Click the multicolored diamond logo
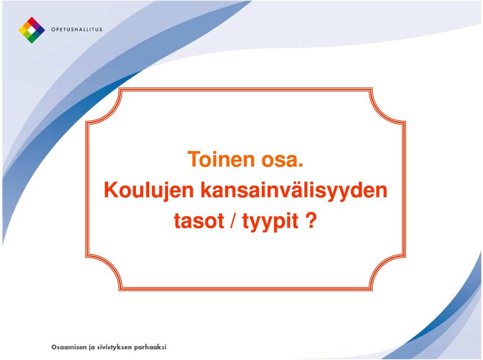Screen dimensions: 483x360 tap(32, 30)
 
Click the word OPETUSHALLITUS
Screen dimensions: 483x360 tap(76, 30)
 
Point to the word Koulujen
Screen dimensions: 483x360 tap(149, 191)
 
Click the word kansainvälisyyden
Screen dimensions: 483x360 tap(294, 191)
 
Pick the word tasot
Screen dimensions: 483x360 tap(199, 221)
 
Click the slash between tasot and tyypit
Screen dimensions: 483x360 tap(233, 221)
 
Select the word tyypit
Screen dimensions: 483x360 tap(271, 222)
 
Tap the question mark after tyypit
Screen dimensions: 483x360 tap(311, 220)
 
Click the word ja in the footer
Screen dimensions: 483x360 tap(92, 347)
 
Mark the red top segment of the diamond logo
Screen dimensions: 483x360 tap(32, 21)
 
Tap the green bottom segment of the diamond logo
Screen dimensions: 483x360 tap(32, 39)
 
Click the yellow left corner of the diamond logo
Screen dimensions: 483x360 tap(23, 30)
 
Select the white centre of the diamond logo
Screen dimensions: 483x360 tap(32, 30)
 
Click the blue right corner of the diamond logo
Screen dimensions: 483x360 tap(41, 30)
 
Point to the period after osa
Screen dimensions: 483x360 tap(301, 166)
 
